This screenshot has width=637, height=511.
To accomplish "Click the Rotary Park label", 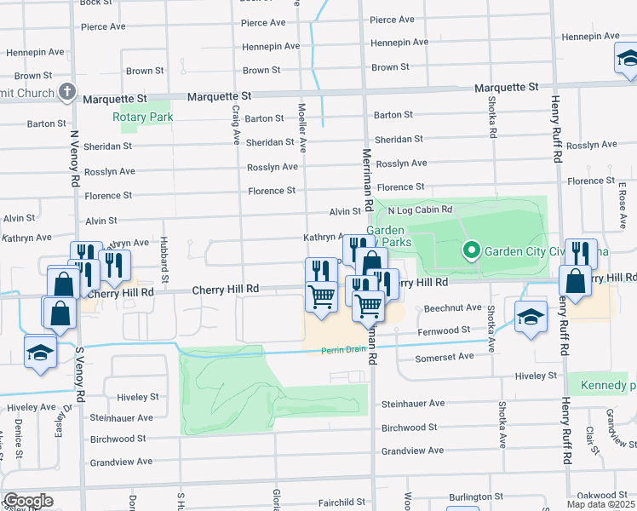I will point(143,117).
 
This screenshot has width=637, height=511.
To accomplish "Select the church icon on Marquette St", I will point(68,92).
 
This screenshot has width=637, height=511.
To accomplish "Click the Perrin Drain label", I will point(344,351).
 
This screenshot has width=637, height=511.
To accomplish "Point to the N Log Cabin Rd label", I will point(419,210).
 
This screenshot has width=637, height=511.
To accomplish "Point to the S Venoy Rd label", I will point(80,375).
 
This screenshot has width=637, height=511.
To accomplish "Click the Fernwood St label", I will point(442,330).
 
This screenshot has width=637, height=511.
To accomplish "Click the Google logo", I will point(28,501).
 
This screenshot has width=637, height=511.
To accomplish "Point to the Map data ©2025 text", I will point(601,504).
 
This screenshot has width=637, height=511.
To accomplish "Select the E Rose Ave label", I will point(623,205).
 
